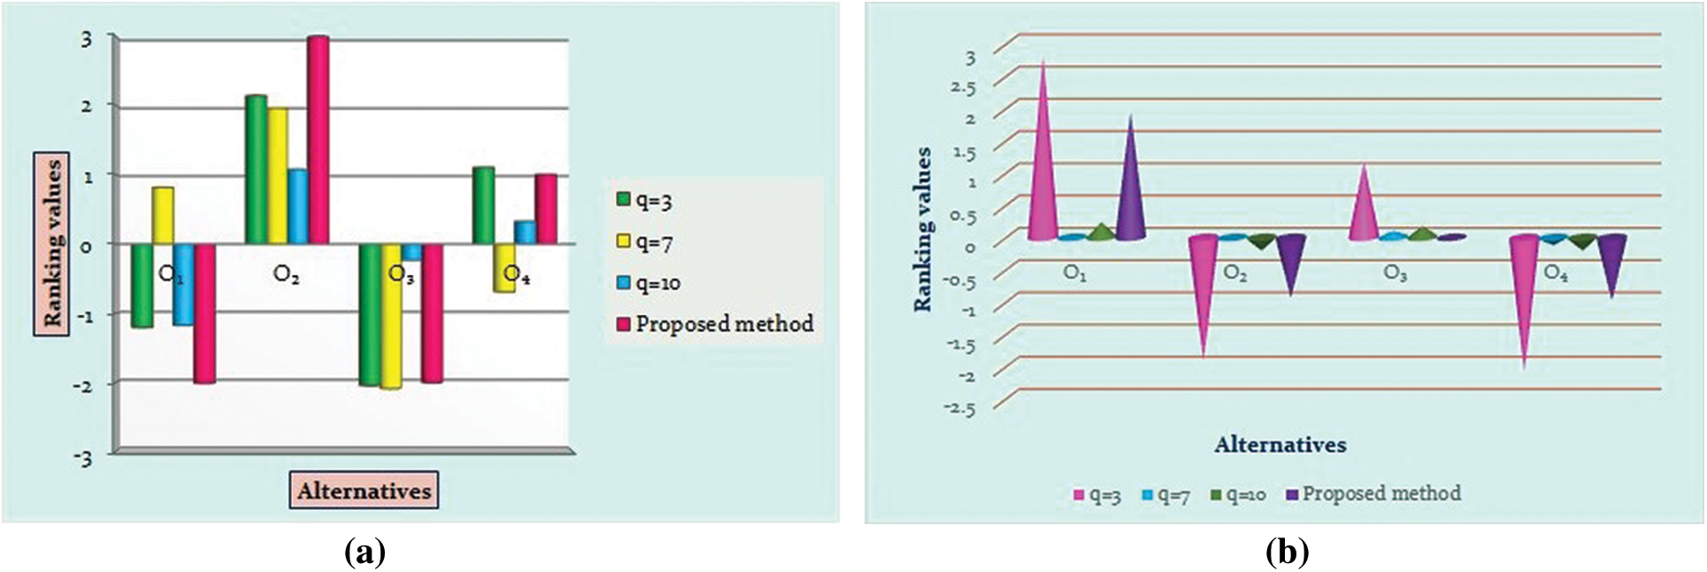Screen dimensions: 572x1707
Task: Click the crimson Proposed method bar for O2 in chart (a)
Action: (x=317, y=140)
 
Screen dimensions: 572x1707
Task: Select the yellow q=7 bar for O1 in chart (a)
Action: (x=163, y=215)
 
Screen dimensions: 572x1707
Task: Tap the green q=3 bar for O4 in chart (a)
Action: (x=483, y=205)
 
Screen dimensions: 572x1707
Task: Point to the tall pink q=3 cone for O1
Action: (x=1044, y=168)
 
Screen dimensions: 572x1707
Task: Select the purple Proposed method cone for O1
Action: (x=1131, y=191)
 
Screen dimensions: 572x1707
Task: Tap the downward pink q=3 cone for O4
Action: (x=1524, y=293)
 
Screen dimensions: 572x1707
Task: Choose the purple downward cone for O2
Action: (x=1291, y=262)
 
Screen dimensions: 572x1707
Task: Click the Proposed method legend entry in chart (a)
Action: (x=715, y=325)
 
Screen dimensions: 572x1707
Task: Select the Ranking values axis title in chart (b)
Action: (x=924, y=230)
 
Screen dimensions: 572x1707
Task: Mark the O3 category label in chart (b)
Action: (x=1395, y=274)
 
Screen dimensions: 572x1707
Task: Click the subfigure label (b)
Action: (x=1287, y=552)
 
